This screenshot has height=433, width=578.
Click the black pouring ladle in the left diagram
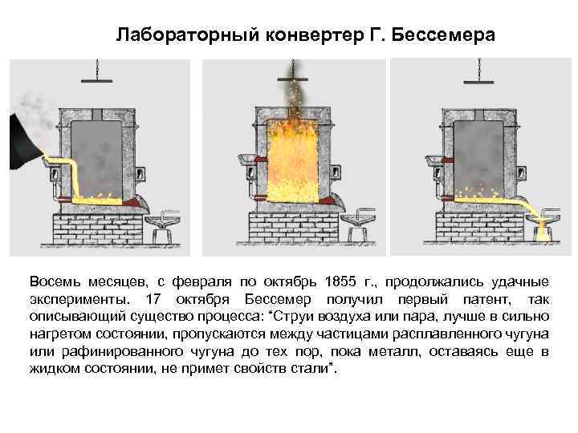pos(24,136)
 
